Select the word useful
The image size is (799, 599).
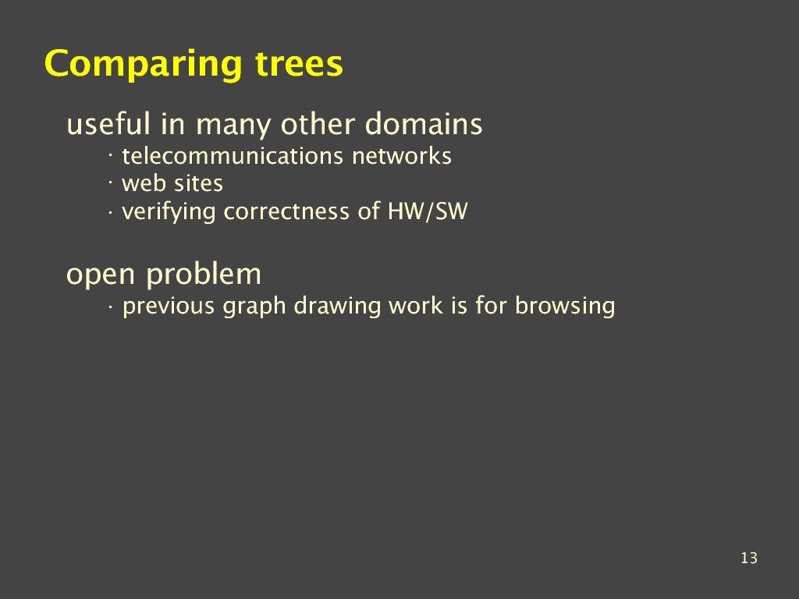108,123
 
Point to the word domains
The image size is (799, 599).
424,123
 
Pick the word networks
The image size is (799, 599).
402,156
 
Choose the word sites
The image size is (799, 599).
197,183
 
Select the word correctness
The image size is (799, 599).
286,211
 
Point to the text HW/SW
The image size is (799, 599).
428,211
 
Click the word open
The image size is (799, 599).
101,275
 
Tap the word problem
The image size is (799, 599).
204,275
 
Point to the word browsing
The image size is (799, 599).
565,307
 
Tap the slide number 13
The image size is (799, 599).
749,558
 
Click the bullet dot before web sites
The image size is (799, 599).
110,180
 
